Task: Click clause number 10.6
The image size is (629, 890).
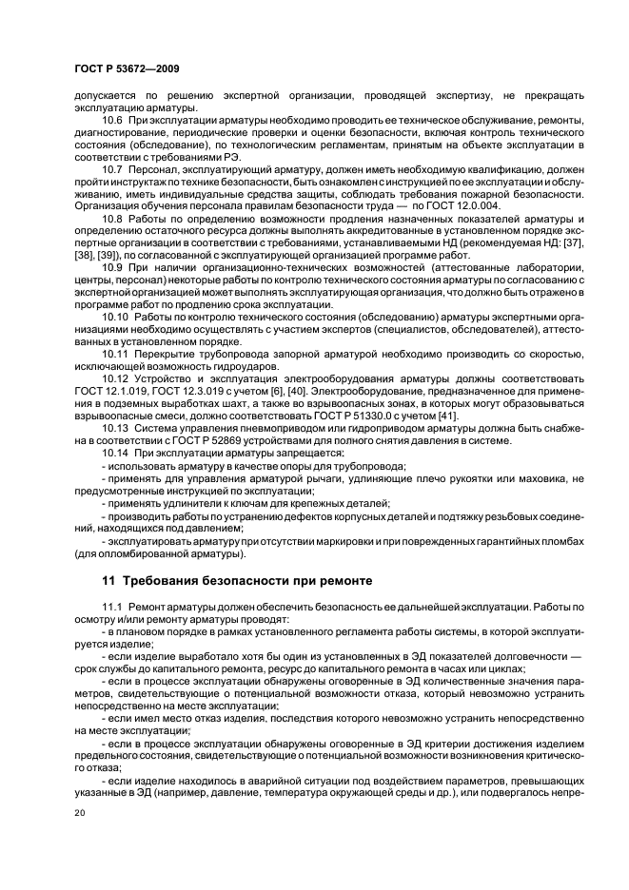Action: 114,122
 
